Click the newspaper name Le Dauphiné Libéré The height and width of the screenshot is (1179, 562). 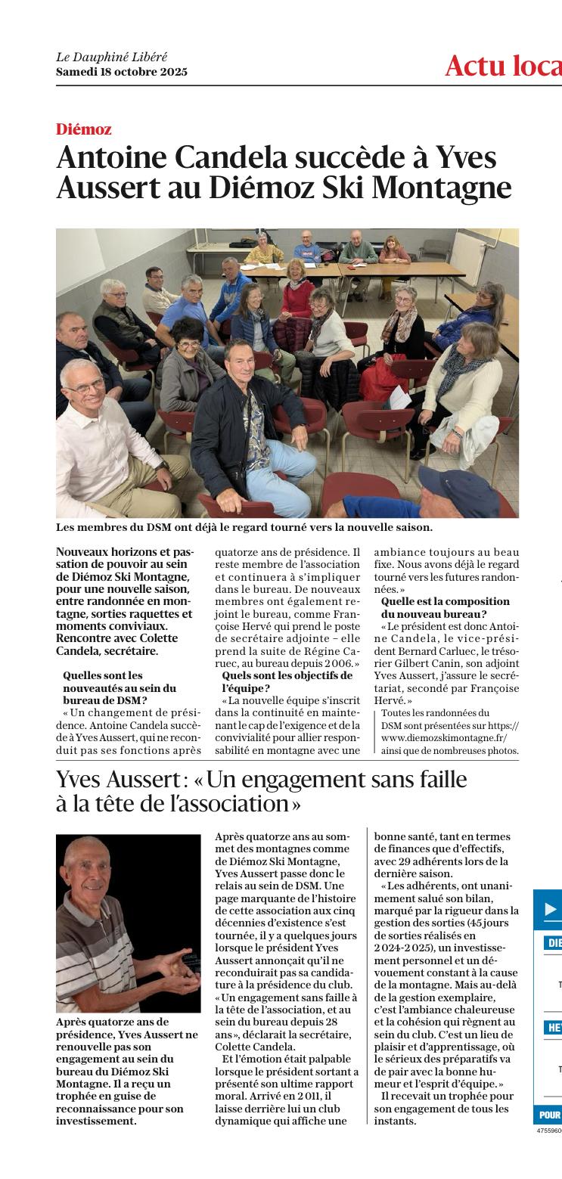pos(112,57)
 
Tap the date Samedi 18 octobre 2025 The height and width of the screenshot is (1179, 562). pos(121,72)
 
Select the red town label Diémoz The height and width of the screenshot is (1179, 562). pos(84,129)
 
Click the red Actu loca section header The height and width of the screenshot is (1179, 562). pos(503,66)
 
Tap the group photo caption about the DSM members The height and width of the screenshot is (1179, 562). pos(244,527)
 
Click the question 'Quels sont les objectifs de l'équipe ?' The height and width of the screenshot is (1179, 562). pos(287,681)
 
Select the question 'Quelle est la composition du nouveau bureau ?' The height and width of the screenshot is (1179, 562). pos(446,607)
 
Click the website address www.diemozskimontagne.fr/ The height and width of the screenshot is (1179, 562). pos(444,737)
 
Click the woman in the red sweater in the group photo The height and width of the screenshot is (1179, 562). pos(297,290)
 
